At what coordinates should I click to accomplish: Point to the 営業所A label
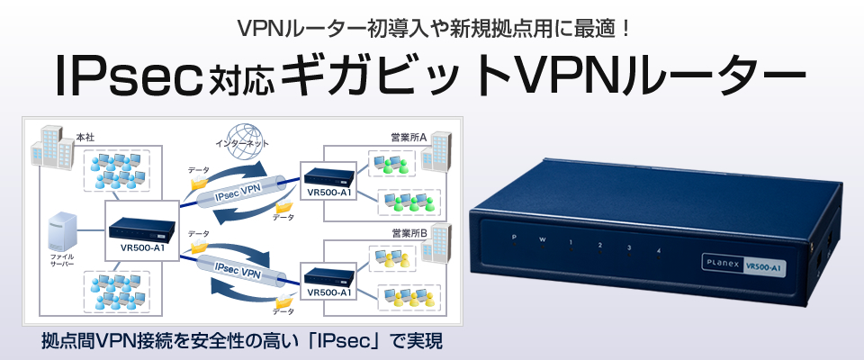(x=409, y=137)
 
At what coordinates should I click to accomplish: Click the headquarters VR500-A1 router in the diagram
(x=139, y=225)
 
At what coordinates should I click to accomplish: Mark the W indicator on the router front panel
(x=542, y=240)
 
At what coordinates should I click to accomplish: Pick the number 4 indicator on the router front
(x=659, y=248)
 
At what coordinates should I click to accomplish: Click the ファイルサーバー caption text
(x=62, y=260)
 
